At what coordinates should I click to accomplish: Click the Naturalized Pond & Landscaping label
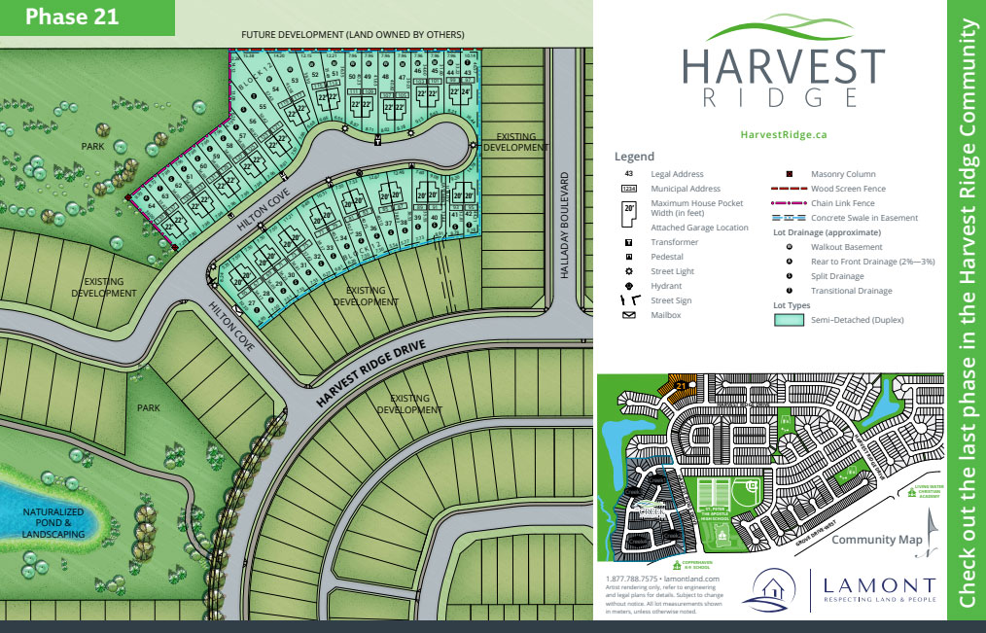click(54, 521)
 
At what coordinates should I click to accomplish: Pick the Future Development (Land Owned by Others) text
click(353, 35)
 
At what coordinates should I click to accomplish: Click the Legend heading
click(634, 157)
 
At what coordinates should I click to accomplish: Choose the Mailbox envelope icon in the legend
click(629, 315)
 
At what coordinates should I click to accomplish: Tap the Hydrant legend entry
click(666, 286)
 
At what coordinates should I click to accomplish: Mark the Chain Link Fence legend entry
click(842, 203)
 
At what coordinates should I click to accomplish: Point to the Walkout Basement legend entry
click(845, 247)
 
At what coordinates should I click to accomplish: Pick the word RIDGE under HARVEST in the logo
click(783, 97)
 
